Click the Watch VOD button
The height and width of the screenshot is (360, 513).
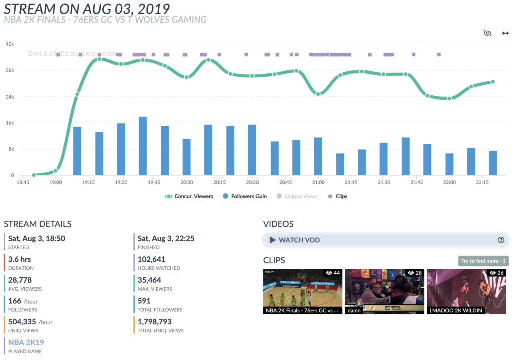(386, 240)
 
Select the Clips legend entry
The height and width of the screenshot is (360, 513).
(338, 196)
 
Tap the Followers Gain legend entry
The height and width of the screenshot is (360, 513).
(244, 196)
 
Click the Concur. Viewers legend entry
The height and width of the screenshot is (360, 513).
(189, 196)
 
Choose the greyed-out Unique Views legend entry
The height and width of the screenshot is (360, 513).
(297, 196)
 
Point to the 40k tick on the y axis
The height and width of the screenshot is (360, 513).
(10, 44)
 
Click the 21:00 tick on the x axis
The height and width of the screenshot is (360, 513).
(318, 182)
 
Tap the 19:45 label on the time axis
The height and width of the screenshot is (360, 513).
(154, 182)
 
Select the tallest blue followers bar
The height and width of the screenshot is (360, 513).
(143, 146)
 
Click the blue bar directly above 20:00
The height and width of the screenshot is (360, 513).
(186, 157)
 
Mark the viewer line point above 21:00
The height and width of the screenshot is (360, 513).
(318, 94)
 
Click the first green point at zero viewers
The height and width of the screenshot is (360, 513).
(34, 175)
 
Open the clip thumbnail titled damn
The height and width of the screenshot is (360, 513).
(384, 291)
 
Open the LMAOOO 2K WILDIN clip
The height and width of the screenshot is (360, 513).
(466, 291)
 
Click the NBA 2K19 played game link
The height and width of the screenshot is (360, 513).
(26, 342)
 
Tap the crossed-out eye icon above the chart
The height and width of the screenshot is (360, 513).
(487, 33)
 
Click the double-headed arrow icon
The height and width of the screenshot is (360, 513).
(505, 33)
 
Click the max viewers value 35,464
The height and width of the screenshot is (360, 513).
(149, 280)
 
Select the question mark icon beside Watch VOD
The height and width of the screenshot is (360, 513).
(501, 240)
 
